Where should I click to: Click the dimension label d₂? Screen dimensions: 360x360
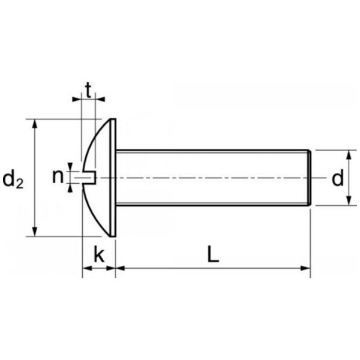[x=13, y=179]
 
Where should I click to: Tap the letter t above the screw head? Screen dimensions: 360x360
[x=88, y=91]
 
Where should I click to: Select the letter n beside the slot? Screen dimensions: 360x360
[x=58, y=176]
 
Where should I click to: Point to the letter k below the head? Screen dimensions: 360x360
[x=99, y=254]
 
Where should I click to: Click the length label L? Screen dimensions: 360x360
[x=213, y=254]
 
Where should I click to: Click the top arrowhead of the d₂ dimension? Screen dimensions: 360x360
[x=35, y=124]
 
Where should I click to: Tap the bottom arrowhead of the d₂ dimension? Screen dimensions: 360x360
[x=35, y=232]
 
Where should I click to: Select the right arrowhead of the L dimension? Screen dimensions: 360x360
[x=305, y=268]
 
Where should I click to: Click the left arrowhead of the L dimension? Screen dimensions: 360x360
[x=121, y=268]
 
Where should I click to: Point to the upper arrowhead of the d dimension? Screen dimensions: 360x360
[x=349, y=155]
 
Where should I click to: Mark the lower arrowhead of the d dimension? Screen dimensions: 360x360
[x=349, y=200]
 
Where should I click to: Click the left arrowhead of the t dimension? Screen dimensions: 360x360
[x=77, y=99]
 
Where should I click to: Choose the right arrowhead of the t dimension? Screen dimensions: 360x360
[x=100, y=99]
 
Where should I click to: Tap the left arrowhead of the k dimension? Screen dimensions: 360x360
[x=87, y=268]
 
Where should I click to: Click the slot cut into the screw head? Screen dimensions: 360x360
[x=89, y=178]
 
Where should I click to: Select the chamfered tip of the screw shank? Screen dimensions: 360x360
[x=310, y=178]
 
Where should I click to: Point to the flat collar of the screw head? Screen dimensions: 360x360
[x=113, y=178]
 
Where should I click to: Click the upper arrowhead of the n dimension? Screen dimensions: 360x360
[x=70, y=167]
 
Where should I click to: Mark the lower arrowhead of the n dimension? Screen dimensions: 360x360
[x=70, y=188]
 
